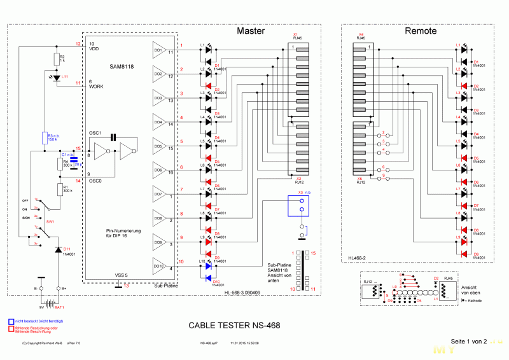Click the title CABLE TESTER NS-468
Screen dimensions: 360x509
pos(234,326)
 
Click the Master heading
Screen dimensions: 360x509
pos(251,31)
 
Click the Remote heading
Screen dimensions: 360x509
pos(421,31)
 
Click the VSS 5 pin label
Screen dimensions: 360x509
pos(121,275)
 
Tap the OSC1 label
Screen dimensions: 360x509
pos(95,133)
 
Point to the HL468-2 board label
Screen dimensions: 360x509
pos(357,258)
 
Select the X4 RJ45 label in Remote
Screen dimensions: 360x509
pos(361,36)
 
